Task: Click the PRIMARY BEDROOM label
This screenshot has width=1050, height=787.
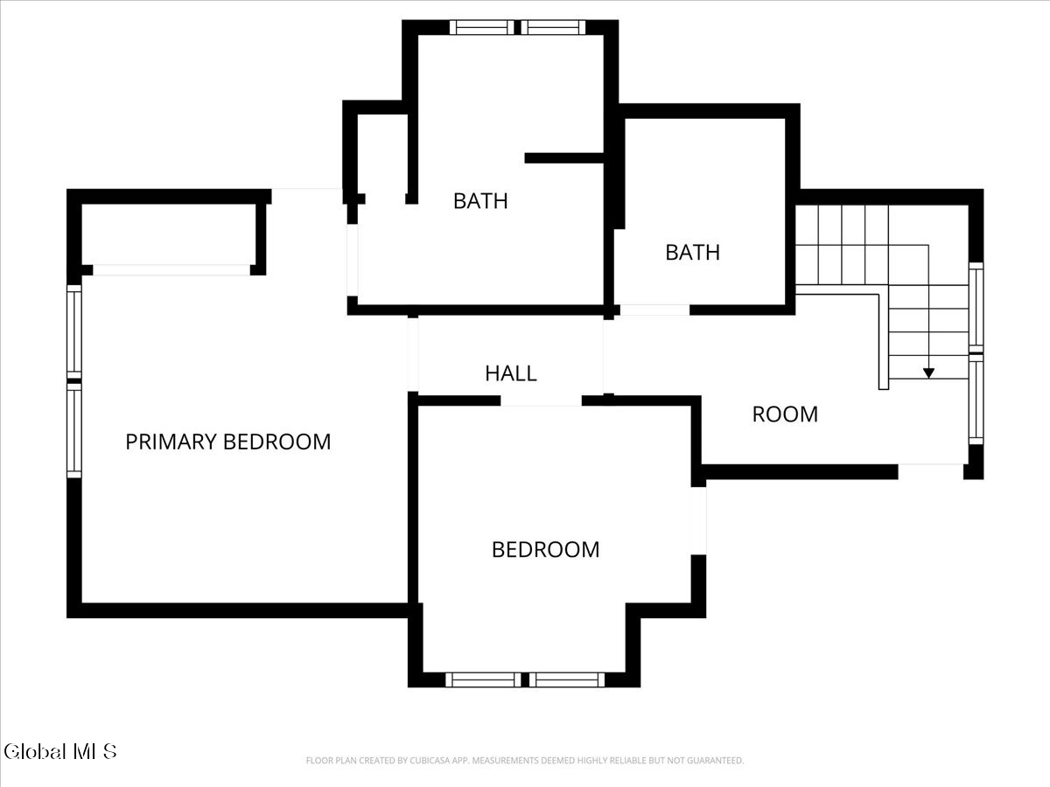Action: pyautogui.click(x=228, y=442)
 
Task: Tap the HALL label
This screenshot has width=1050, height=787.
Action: pyautogui.click(x=511, y=373)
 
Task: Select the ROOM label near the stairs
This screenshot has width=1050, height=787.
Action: pyautogui.click(x=785, y=414)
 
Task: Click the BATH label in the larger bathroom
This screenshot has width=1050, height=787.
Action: pyautogui.click(x=480, y=201)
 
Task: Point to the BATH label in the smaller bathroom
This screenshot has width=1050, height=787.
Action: pyautogui.click(x=693, y=253)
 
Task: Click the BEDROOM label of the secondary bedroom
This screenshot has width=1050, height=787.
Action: pyautogui.click(x=545, y=549)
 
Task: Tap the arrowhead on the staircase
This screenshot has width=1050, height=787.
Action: pyautogui.click(x=928, y=373)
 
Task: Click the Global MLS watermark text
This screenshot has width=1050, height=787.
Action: pyautogui.click(x=59, y=752)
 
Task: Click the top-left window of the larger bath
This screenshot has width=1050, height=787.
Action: pyautogui.click(x=482, y=27)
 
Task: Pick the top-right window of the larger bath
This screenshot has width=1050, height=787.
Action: pyautogui.click(x=553, y=27)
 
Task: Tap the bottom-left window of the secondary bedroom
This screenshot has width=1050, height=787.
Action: pyautogui.click(x=483, y=679)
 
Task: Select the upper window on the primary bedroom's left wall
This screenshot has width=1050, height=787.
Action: pyautogui.click(x=74, y=332)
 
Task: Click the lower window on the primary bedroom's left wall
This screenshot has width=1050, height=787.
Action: pyautogui.click(x=74, y=430)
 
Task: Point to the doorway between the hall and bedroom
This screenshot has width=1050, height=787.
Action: pyautogui.click(x=541, y=400)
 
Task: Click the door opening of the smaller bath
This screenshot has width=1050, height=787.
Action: pyautogui.click(x=654, y=310)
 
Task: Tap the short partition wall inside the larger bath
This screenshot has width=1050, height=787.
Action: pyautogui.click(x=564, y=158)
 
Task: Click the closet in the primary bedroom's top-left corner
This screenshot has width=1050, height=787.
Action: pyautogui.click(x=169, y=234)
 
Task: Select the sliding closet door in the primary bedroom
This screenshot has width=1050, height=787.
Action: pyautogui.click(x=171, y=270)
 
